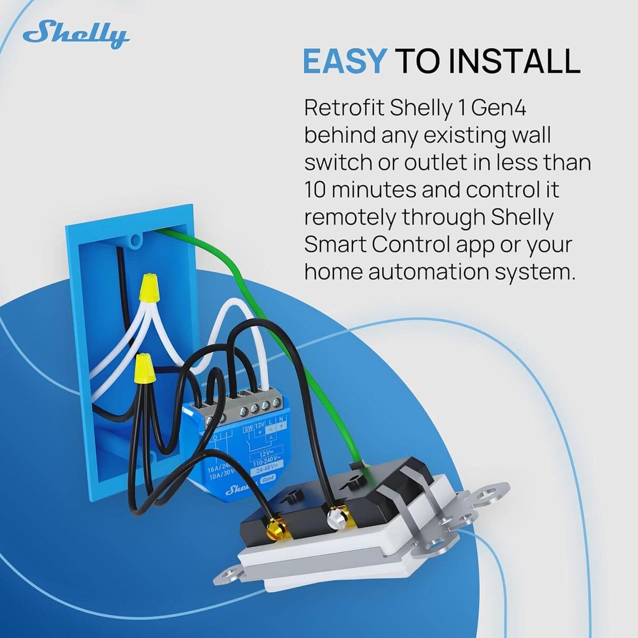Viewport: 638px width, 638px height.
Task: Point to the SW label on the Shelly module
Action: [x=249, y=429]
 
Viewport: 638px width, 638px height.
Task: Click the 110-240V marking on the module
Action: [x=264, y=461]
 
